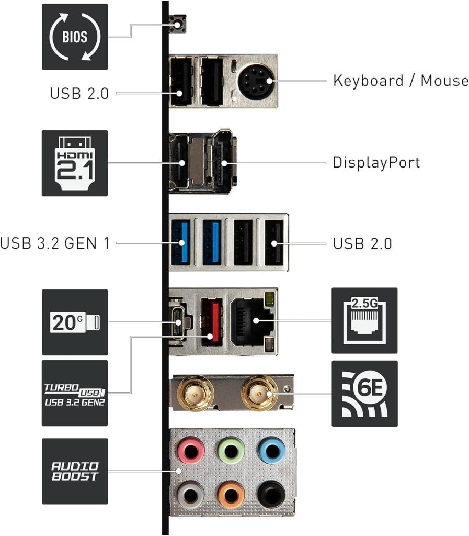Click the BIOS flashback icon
tap(75, 37)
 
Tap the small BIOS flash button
tap(178, 23)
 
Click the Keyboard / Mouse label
tap(401, 81)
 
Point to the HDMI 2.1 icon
tap(75, 163)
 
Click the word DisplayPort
tap(376, 162)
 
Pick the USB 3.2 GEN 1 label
tap(55, 243)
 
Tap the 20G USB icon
tap(75, 322)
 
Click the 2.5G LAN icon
tap(364, 320)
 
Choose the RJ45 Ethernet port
tap(254, 320)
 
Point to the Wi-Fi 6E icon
tap(364, 393)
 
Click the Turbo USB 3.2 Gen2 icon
tap(75, 393)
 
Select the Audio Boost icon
tap(75, 471)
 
